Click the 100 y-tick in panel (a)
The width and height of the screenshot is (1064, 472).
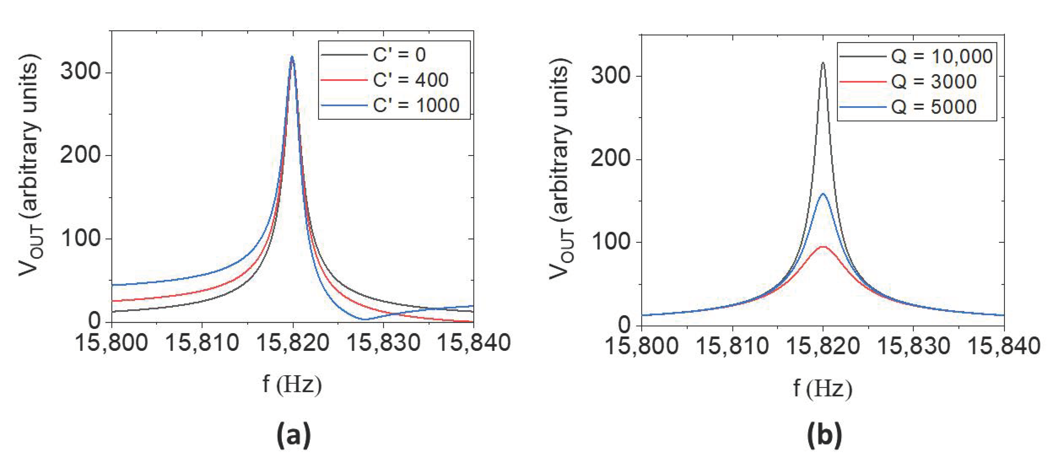[81, 239]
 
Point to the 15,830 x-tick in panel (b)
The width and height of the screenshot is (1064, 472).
[913, 346]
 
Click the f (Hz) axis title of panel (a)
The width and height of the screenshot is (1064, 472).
[292, 384]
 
